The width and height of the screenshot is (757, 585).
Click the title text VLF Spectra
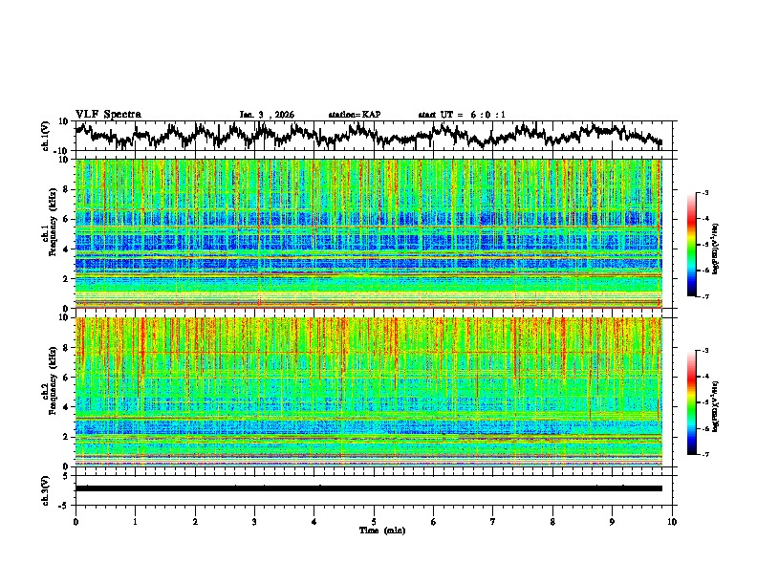[x=108, y=115]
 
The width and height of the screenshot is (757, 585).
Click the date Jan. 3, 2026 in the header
[x=267, y=115]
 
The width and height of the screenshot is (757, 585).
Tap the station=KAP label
[x=354, y=115]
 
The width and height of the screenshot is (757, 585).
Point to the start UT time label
[x=462, y=115]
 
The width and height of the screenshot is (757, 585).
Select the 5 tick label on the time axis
[x=374, y=521]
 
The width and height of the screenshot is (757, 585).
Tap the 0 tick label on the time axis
[x=76, y=521]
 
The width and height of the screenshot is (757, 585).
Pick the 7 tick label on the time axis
[x=493, y=521]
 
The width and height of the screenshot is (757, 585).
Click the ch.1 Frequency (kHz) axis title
[x=49, y=234]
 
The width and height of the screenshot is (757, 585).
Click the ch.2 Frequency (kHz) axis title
[x=49, y=392]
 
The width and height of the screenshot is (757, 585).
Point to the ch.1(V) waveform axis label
[x=47, y=137]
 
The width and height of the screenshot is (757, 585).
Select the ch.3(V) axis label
[x=47, y=487]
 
